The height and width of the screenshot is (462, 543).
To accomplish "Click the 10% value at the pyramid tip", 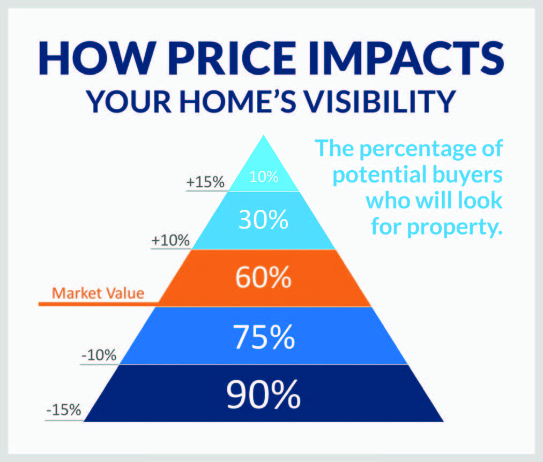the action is [x=264, y=177].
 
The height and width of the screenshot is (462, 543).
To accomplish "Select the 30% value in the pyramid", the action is [x=263, y=219].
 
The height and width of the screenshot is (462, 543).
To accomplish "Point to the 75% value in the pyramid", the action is [x=264, y=337].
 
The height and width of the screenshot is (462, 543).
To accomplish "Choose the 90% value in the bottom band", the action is [x=263, y=394].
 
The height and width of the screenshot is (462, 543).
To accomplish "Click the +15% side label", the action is [x=205, y=182].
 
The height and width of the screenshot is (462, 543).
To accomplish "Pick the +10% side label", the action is [x=170, y=240].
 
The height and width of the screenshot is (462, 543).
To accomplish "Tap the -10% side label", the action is [x=99, y=355].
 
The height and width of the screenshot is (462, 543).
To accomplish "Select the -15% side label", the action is [x=64, y=410].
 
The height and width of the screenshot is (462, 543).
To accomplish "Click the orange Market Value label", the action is [x=98, y=293].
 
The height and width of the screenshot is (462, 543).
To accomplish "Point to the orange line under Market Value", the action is [x=99, y=304].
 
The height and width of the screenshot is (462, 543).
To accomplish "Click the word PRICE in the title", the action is [x=232, y=58].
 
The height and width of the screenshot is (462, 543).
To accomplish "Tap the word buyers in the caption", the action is [x=467, y=175].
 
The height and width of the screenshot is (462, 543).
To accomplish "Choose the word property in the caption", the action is [x=455, y=228].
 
